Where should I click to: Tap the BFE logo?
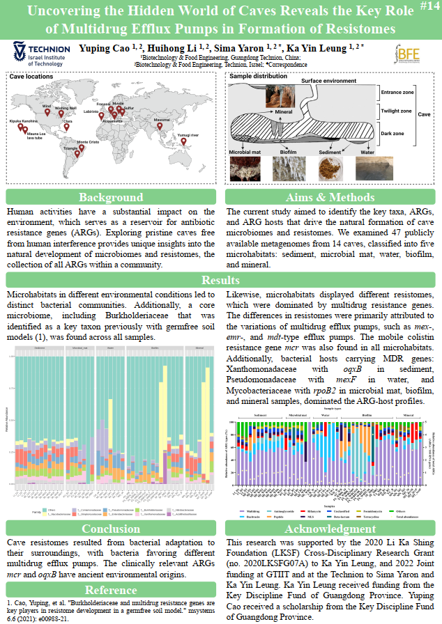coord(408,54)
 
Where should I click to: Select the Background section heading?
coord(110,197)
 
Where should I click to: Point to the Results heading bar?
coord(221,280)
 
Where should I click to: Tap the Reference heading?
coord(110,589)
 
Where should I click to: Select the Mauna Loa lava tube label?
coord(36,134)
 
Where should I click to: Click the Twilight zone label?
coord(397,111)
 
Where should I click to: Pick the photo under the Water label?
coord(369,168)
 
